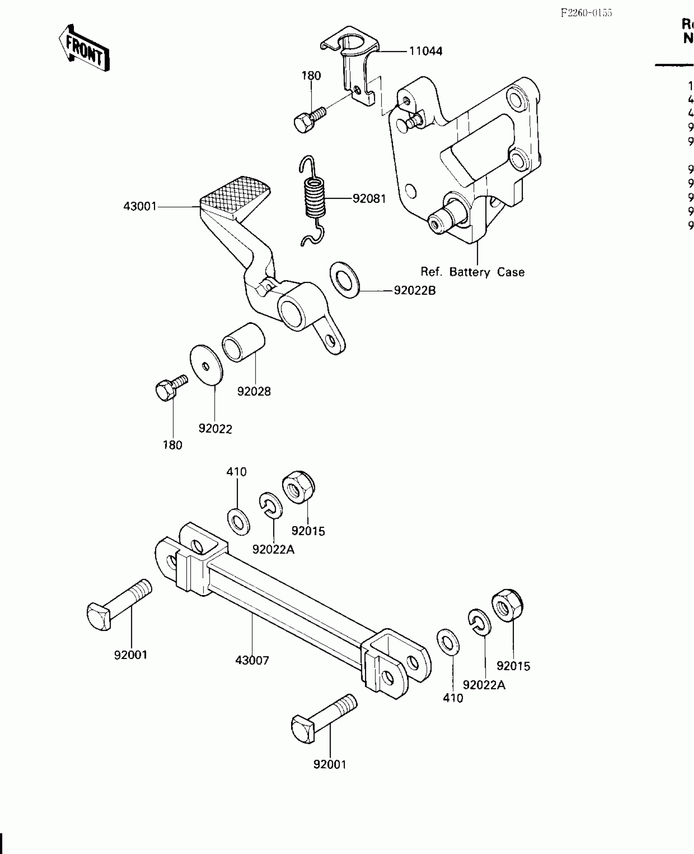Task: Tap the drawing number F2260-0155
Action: (586, 13)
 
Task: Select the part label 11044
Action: (426, 51)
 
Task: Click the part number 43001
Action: (140, 207)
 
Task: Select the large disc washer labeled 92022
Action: (207, 365)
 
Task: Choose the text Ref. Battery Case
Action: (472, 272)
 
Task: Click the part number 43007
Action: (252, 672)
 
